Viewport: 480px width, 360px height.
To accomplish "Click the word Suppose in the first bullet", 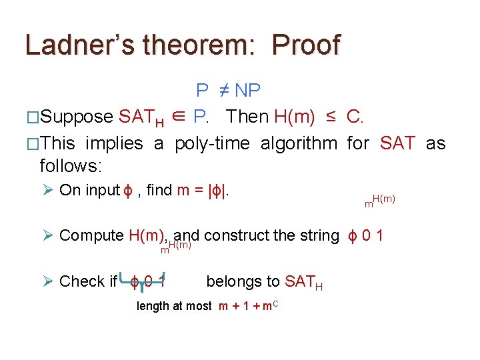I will (77, 117).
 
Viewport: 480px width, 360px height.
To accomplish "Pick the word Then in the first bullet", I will (247, 117).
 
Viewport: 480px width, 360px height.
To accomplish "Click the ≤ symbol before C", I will (331, 117).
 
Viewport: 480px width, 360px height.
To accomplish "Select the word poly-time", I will (213, 143).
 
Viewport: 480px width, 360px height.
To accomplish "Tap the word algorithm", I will (299, 143).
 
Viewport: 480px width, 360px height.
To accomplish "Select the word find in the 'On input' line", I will (159, 191).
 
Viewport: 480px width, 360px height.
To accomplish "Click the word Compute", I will (91, 235).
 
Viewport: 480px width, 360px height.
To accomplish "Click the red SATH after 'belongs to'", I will (304, 283).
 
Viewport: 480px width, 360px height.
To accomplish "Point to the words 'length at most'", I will (174, 307).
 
